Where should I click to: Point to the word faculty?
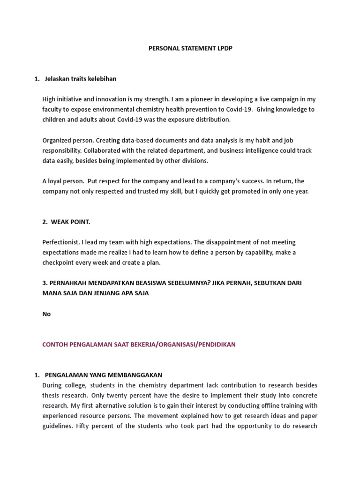(52, 109)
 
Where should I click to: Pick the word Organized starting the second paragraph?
(57, 140)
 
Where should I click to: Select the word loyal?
(56, 181)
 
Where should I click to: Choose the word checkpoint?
(60, 262)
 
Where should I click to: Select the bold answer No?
(46, 314)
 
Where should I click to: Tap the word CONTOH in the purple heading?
(54, 345)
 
